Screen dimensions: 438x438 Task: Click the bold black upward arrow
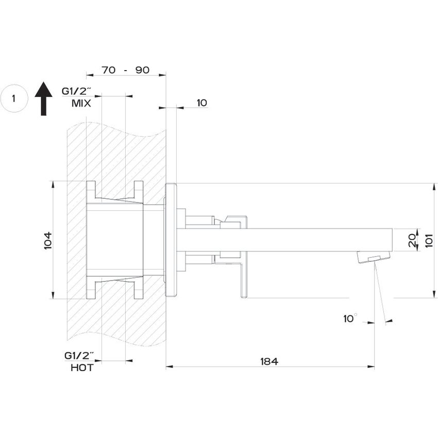(x=44, y=98)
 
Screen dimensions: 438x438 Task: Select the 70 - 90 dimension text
(x=125, y=70)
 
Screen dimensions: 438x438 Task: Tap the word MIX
(x=81, y=103)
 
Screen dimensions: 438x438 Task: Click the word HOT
(x=82, y=368)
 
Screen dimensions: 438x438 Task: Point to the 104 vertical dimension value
(x=48, y=240)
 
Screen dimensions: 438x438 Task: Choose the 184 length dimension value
(x=268, y=361)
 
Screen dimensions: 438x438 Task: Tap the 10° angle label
(x=350, y=318)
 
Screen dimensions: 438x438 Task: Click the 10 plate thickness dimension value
(x=201, y=103)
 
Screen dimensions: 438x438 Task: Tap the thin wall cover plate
(x=171, y=240)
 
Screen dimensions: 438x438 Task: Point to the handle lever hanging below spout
(x=244, y=278)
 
